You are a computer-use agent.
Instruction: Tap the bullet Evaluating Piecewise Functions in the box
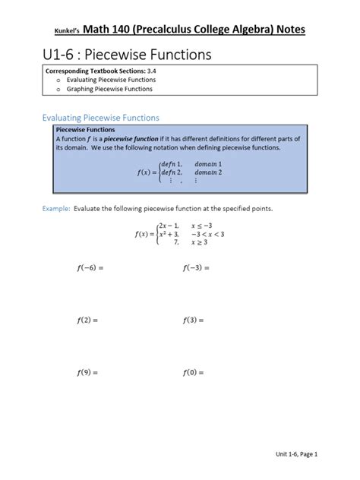point(110,80)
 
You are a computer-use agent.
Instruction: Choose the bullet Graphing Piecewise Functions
point(109,89)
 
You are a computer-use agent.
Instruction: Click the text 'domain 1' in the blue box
point(208,164)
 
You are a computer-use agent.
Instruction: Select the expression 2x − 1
point(168,226)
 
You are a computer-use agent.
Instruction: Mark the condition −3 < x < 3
point(209,234)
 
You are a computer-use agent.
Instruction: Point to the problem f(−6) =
point(89,268)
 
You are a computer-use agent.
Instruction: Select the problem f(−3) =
point(196,268)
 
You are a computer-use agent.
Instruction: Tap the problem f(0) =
point(194,373)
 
